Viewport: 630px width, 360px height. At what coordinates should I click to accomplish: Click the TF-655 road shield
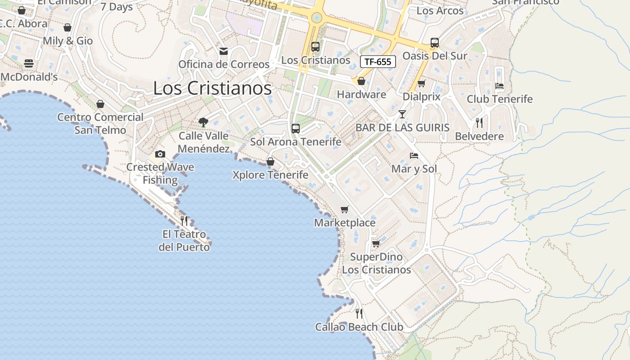click(x=378, y=62)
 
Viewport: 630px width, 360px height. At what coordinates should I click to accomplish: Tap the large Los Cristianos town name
click(x=212, y=88)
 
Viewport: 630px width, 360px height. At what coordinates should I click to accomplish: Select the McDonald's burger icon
click(x=29, y=63)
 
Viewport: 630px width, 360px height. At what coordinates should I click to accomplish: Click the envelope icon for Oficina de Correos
click(x=224, y=51)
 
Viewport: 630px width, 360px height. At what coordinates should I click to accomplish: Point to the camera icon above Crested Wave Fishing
click(x=160, y=154)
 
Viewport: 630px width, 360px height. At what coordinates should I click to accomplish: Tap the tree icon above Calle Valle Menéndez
click(x=203, y=122)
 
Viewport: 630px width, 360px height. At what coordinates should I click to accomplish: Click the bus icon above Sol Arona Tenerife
click(x=296, y=128)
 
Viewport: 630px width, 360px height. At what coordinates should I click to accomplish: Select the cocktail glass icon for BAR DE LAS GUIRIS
click(x=402, y=114)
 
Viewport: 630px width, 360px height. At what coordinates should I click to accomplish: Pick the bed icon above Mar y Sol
click(x=414, y=156)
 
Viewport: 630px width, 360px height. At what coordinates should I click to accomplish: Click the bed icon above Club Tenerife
click(x=499, y=85)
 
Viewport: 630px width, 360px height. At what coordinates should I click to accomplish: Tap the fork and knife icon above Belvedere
click(x=479, y=122)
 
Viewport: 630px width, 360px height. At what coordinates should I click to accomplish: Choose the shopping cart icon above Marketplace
click(x=345, y=209)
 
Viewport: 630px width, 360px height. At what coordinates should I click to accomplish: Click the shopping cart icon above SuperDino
click(x=376, y=243)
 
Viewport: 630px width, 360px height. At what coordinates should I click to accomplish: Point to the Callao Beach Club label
click(x=359, y=327)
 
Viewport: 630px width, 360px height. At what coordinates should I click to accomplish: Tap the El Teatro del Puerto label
click(x=184, y=241)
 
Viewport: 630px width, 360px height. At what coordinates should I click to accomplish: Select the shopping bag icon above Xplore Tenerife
click(x=270, y=161)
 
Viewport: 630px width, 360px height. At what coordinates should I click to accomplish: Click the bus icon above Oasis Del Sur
click(x=435, y=43)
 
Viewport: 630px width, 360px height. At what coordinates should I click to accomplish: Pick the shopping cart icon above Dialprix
click(x=422, y=83)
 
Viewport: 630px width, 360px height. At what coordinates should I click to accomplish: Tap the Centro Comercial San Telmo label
click(x=100, y=123)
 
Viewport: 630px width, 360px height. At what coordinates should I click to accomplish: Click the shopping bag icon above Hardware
click(x=361, y=81)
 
